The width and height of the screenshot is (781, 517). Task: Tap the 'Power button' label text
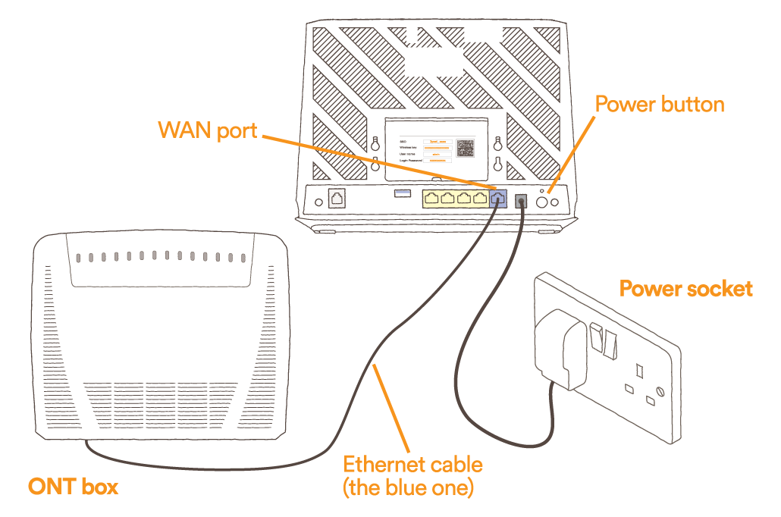(660, 104)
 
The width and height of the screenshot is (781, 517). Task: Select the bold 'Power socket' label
(685, 289)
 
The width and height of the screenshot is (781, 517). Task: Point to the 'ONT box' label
(73, 486)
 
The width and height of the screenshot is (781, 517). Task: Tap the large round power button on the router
(544, 202)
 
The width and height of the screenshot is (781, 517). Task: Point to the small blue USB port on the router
(401, 194)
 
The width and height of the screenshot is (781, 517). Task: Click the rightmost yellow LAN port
(479, 199)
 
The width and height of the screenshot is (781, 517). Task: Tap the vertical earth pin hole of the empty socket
(639, 371)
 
